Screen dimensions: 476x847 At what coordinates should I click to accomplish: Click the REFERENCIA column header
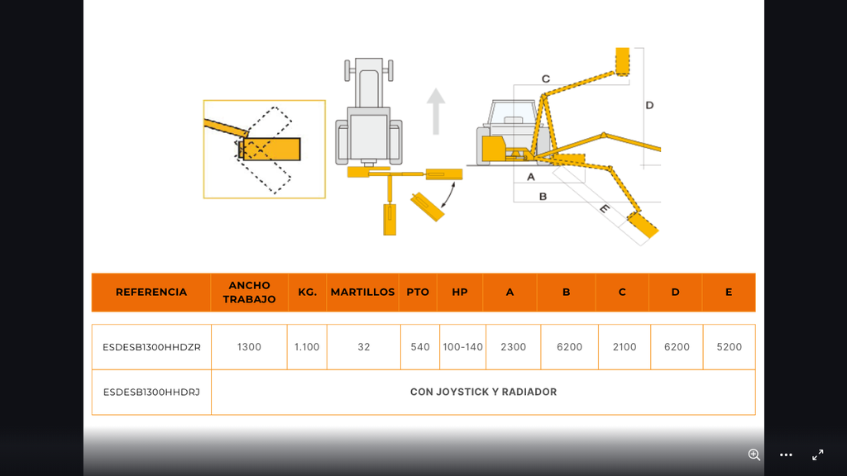[151, 292]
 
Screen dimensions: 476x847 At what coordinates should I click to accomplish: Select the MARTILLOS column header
[362, 292]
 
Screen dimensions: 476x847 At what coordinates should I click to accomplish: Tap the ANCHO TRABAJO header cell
[249, 292]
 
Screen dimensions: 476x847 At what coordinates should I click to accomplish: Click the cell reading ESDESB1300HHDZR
[151, 347]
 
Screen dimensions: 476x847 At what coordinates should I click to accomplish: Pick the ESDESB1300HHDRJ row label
[151, 392]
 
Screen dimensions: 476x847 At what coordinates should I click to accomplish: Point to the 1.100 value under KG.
[307, 347]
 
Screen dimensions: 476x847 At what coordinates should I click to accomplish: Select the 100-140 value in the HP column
[462, 347]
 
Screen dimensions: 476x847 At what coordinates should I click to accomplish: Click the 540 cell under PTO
[420, 347]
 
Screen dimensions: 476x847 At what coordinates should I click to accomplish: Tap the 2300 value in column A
[513, 347]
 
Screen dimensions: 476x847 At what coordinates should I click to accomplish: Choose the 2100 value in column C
[624, 347]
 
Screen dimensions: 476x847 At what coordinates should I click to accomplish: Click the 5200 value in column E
[729, 347]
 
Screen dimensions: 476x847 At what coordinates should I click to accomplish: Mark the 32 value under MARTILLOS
[364, 347]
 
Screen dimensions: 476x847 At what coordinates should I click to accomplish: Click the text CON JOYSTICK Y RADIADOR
[483, 392]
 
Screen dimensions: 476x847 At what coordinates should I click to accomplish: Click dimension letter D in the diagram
[649, 105]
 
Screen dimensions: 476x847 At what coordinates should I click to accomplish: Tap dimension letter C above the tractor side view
[546, 79]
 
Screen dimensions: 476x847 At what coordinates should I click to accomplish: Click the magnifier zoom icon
[754, 455]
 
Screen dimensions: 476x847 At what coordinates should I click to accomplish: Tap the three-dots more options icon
[786, 455]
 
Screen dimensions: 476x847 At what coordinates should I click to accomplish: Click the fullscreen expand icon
[817, 455]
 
